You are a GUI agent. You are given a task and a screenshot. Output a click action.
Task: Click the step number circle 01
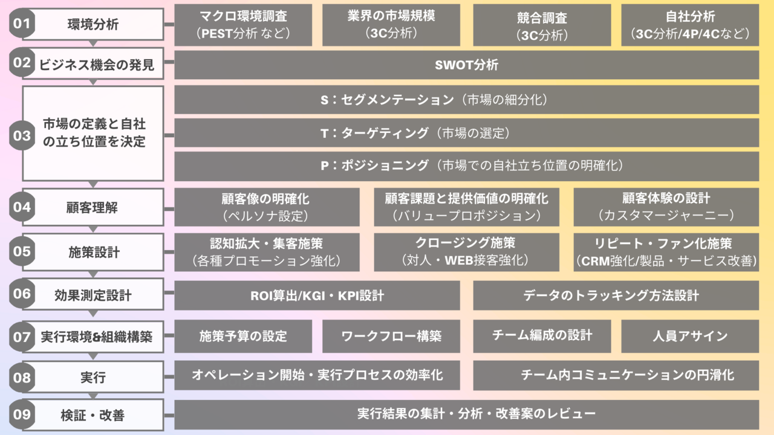[x=22, y=25]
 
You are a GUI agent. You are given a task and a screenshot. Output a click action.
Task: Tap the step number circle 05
[x=22, y=251]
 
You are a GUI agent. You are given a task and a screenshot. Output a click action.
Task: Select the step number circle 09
[x=22, y=414]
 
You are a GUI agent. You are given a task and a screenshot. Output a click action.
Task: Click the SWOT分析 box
[x=466, y=65]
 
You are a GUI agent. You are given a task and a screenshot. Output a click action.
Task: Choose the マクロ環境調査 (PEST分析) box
[x=243, y=25]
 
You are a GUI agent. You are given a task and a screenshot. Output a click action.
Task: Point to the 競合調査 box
[x=542, y=25]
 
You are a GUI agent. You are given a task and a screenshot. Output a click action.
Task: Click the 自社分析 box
[x=690, y=25]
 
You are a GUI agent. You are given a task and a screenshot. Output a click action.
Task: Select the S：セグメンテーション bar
[x=466, y=100]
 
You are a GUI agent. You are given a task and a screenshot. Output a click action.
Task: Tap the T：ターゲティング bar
[x=466, y=132]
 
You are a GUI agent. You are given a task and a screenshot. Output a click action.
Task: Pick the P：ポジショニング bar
[x=466, y=165]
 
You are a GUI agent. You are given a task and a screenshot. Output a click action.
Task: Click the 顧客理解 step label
[x=93, y=207]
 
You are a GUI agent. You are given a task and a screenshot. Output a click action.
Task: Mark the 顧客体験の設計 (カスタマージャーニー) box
[x=666, y=207]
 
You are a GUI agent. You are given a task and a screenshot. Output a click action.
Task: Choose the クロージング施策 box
[x=466, y=252]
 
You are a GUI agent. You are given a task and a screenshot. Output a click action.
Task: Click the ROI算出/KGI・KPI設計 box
[x=317, y=295]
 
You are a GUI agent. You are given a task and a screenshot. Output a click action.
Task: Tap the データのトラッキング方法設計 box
[x=616, y=295]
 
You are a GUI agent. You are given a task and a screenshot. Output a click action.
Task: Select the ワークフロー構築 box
[x=391, y=336]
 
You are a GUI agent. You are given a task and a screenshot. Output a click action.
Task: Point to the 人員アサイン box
[x=690, y=336]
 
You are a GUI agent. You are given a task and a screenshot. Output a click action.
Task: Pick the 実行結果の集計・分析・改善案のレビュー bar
[x=466, y=414]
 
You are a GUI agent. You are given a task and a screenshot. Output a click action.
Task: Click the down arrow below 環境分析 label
[x=93, y=43]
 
